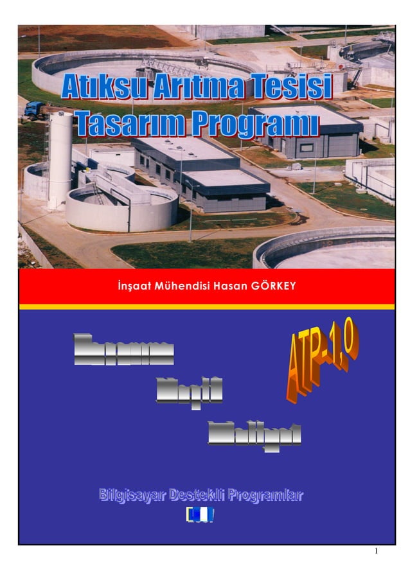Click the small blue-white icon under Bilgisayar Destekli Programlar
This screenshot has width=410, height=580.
click(x=199, y=514)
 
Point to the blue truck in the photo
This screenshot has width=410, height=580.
click(x=35, y=111)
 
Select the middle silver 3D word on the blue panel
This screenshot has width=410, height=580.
click(x=190, y=390)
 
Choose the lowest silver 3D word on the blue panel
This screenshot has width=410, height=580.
click(x=255, y=434)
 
